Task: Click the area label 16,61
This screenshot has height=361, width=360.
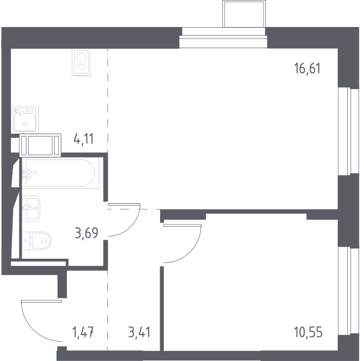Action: coord(307,69)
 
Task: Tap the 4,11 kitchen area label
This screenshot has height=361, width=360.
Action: coord(84,139)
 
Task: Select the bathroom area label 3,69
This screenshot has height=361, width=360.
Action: coord(87,233)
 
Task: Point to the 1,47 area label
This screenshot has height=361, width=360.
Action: coord(83,333)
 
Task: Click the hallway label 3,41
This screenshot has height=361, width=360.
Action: coord(139,333)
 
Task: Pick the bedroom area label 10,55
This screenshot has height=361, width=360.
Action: coord(308,333)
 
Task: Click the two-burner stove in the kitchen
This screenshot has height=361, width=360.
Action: coord(81,63)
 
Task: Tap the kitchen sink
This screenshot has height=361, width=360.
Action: coord(25,120)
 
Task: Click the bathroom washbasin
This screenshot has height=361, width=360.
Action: coord(31,208)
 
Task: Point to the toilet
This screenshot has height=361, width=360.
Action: coord(37,241)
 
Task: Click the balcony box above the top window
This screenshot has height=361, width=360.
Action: coord(244,14)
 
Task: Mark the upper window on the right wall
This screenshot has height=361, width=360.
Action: coord(349,131)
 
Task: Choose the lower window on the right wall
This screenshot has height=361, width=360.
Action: coord(349,292)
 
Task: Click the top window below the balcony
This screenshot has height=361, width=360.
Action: coord(223,38)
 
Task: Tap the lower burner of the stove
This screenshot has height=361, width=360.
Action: coord(81,67)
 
